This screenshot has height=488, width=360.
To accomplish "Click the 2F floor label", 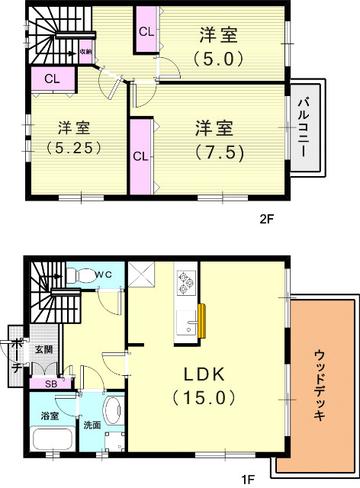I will pyautogui.click(x=266, y=219).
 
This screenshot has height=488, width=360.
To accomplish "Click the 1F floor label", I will pyautogui.click(x=248, y=479).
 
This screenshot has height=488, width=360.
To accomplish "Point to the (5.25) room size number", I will pyautogui.click(x=74, y=148).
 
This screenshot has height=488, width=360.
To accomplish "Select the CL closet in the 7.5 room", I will pyautogui.click(x=140, y=156).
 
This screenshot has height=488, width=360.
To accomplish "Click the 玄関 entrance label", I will pyautogui.click(x=43, y=349).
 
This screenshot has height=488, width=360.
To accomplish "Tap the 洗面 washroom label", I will pyautogui.click(x=92, y=425).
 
